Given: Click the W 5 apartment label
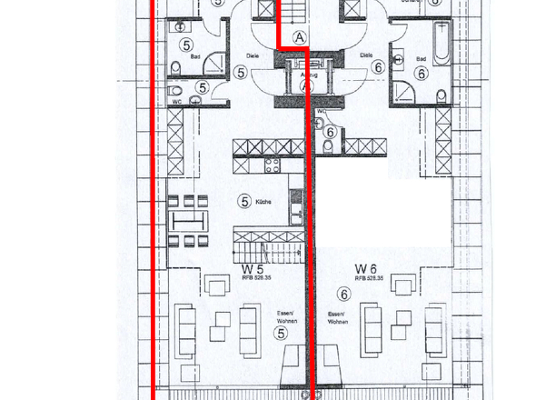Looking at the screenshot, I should (x=253, y=269).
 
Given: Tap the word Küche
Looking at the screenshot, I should (x=263, y=201).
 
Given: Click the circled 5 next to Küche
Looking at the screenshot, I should (x=243, y=201).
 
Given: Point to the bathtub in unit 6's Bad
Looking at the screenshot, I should (x=441, y=42).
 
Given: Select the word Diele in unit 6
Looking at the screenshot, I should (x=367, y=55).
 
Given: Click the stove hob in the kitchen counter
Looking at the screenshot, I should (x=271, y=166).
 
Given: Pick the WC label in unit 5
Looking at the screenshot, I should (x=178, y=102).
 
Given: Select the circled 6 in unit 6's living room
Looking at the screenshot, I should (x=343, y=293).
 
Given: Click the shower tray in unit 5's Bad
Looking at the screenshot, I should (x=215, y=61).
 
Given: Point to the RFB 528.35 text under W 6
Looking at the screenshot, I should (x=371, y=278).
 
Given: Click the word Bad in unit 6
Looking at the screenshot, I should (x=421, y=59).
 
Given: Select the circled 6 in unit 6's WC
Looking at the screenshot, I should (x=329, y=133).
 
